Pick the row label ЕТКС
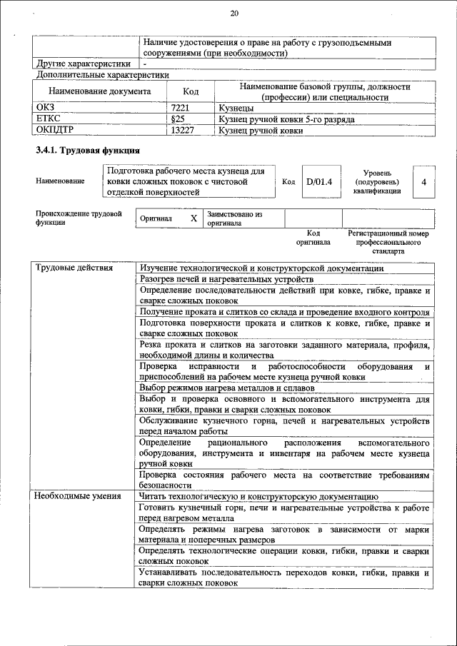coord(48,119)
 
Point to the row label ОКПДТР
coord(54,131)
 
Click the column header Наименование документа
coord(99,91)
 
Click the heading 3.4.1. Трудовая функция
coord(87,151)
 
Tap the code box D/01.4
coord(319,182)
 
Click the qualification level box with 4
coord(423,182)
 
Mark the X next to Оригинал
coord(193,218)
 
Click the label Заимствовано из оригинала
coord(235,218)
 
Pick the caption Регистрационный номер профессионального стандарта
coord(388,242)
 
